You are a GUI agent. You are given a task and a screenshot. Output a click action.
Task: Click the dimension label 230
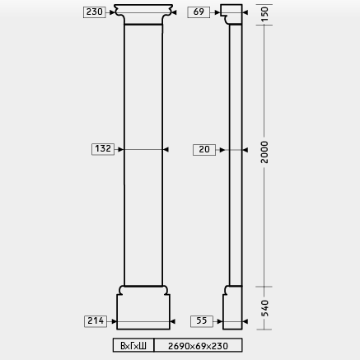[x=95, y=12]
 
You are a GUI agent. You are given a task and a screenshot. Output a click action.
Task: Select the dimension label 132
[x=103, y=149]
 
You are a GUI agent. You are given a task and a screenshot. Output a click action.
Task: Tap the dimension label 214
[x=96, y=321]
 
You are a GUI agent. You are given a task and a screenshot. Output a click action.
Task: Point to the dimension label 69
[x=199, y=12]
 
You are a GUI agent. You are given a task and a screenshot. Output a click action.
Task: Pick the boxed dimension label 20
[x=204, y=150]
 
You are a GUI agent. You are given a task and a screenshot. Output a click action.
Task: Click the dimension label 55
[x=202, y=321]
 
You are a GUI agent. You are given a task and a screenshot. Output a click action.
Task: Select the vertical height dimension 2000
[x=264, y=152]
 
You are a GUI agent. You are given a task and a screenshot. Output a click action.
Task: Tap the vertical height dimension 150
[x=264, y=14]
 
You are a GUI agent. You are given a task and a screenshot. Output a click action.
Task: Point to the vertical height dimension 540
[x=264, y=308]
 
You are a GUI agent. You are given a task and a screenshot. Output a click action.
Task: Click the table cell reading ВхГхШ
[x=133, y=345]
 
